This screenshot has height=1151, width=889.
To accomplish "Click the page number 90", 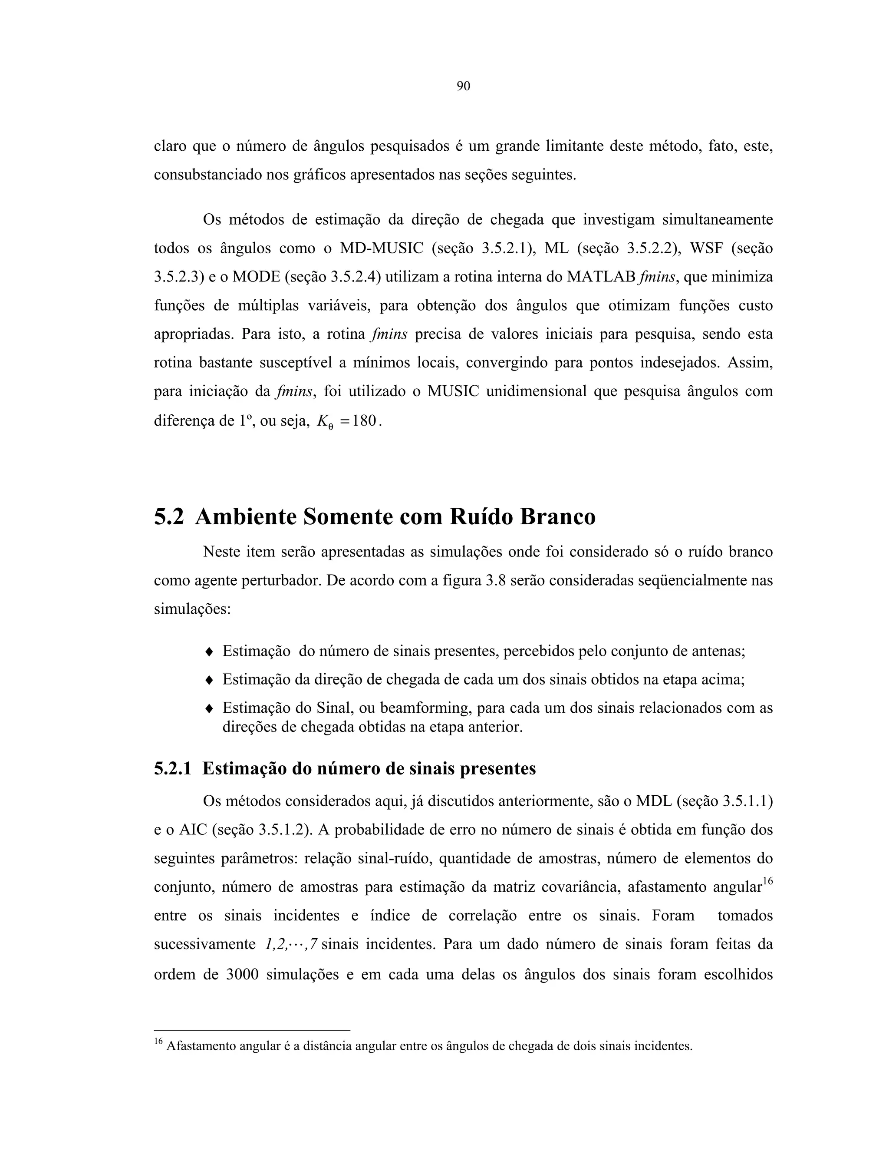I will (463, 86).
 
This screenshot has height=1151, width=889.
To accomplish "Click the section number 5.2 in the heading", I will (168, 517).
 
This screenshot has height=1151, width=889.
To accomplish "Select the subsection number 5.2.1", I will (172, 769).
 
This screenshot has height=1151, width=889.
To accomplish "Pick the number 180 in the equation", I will (365, 421).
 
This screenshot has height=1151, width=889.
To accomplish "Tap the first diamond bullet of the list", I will (208, 652).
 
